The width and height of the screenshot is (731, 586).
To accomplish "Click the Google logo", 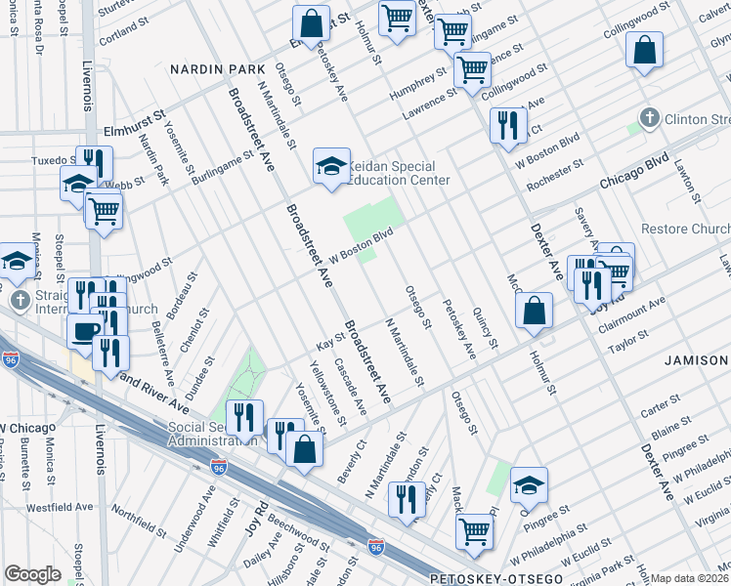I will click(32, 574).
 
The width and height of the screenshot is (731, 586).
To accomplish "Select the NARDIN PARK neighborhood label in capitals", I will click(218, 70).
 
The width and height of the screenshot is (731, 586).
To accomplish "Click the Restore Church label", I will click(684, 229).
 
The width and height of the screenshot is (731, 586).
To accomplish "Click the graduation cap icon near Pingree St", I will click(529, 484).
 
